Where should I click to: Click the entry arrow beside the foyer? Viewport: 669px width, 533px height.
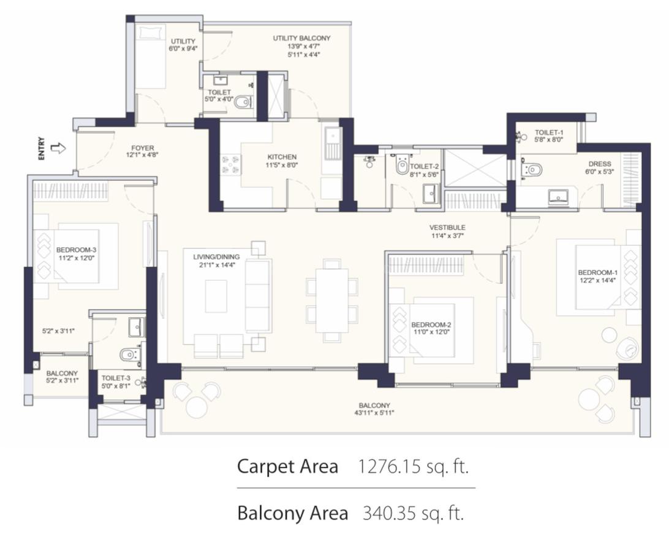58,148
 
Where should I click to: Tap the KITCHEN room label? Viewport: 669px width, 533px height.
282,157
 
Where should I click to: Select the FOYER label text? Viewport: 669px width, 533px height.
143,148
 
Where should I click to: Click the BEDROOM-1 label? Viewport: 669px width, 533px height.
597,272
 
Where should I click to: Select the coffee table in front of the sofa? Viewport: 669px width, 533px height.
216,296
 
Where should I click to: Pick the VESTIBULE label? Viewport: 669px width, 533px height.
447,228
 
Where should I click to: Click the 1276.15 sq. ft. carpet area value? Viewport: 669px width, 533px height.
413,466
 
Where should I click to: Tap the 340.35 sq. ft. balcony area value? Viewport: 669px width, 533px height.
413,513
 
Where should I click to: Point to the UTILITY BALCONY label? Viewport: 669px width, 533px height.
301,39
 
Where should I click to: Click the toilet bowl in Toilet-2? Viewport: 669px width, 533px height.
401,166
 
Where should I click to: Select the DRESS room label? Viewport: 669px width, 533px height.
599,164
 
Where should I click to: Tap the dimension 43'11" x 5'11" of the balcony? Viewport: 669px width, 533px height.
374,413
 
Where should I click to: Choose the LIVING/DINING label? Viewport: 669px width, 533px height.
216,257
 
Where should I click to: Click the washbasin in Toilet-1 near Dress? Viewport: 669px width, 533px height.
558,196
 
